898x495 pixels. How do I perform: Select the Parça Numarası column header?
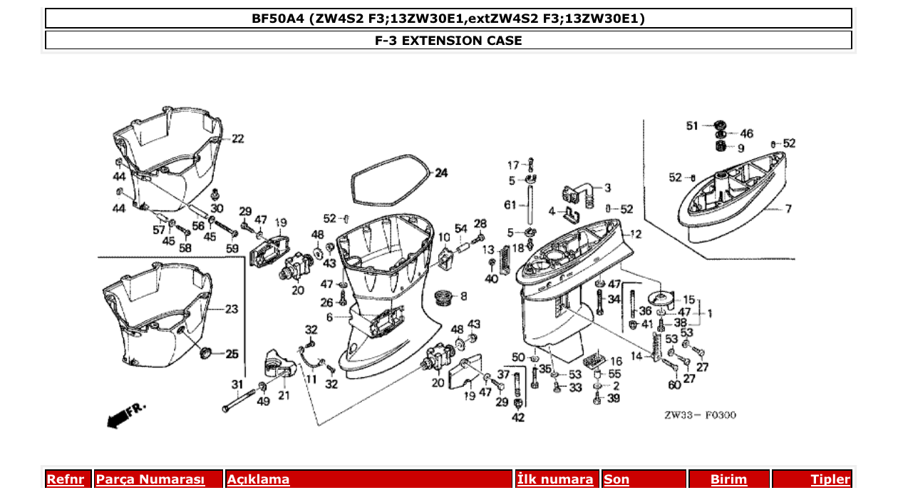150,479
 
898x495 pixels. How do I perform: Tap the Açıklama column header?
258,479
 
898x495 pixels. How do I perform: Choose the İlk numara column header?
555,479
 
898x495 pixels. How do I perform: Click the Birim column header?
728,479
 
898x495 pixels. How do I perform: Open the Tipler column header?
830,479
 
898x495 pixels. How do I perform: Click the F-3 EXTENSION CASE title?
448,41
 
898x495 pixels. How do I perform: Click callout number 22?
237,138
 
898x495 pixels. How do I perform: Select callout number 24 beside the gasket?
442,173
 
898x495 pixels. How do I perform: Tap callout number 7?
788,209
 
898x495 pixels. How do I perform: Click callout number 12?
635,234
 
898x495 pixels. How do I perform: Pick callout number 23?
232,310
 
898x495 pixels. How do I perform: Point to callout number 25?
232,354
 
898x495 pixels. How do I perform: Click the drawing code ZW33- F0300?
701,415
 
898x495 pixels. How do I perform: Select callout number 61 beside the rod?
510,205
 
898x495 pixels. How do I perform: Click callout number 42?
518,418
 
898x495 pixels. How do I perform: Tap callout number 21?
284,396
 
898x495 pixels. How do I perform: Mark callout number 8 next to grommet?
464,296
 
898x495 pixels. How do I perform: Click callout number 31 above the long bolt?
237,384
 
